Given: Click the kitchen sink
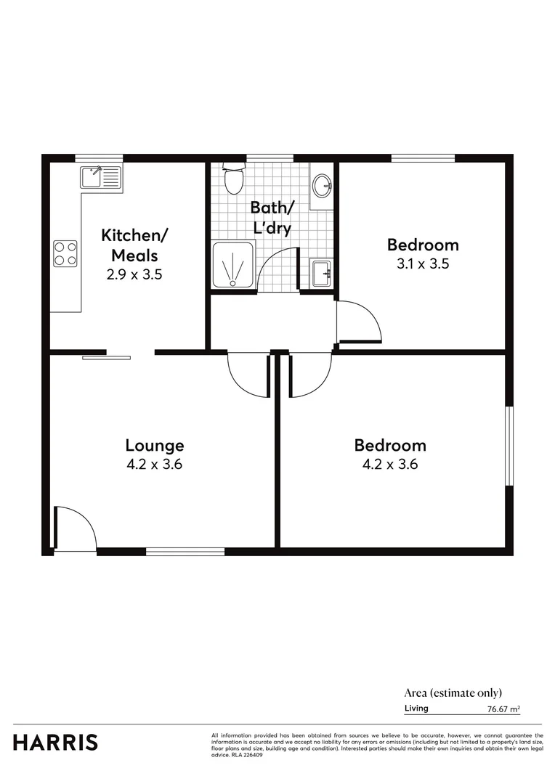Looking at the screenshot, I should point(100,176).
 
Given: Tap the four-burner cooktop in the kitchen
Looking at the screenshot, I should point(65,253).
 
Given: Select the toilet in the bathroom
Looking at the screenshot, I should point(233,179).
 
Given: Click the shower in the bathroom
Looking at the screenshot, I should point(233,266).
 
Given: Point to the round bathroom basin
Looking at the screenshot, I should point(322,185).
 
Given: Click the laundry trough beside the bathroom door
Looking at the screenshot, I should point(320,274).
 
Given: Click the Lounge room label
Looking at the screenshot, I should point(154,445).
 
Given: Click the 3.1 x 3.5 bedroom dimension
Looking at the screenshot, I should point(422,264).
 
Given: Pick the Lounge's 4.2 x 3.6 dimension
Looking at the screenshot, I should point(154,465).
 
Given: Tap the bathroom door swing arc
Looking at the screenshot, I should point(279,269).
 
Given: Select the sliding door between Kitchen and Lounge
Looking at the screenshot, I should point(106,356).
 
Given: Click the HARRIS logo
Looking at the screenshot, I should point(55,742).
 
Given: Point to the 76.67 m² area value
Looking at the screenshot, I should point(503,709).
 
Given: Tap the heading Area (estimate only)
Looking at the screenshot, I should point(453,693).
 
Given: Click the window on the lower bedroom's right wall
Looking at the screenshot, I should point(509,445).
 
